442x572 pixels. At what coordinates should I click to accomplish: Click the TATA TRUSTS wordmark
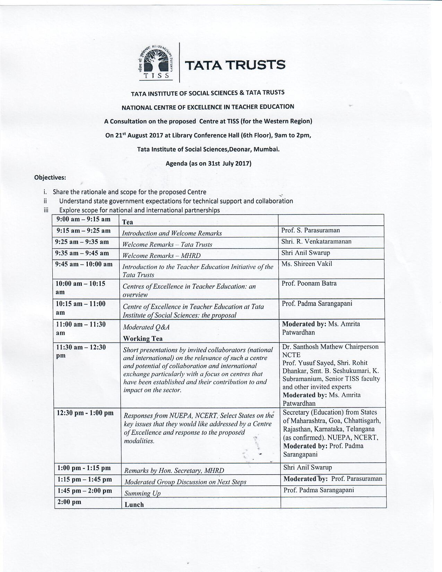coord(235,65)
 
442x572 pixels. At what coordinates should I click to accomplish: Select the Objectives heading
coord(50,177)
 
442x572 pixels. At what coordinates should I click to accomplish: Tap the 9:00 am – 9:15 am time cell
coord(83,219)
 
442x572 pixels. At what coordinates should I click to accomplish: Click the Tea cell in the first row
coord(128,222)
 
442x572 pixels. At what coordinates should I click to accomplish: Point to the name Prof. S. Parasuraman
coord(310,231)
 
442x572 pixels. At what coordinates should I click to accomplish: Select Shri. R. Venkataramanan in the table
coord(316,242)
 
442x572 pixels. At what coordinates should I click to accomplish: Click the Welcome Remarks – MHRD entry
coord(161,256)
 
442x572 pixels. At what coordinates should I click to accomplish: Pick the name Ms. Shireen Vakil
coord(306,264)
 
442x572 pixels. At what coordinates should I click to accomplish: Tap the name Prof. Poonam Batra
coord(309,284)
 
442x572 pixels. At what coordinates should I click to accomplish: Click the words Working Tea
coord(143,339)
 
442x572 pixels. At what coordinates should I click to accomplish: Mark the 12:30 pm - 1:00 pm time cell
coord(85,413)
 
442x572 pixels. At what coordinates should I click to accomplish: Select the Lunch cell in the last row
coord(134,505)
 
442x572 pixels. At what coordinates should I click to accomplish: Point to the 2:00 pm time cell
coord(69,502)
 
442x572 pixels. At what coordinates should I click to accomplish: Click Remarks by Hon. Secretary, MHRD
coord(174,471)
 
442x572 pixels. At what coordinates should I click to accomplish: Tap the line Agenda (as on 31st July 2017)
coord(208,163)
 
